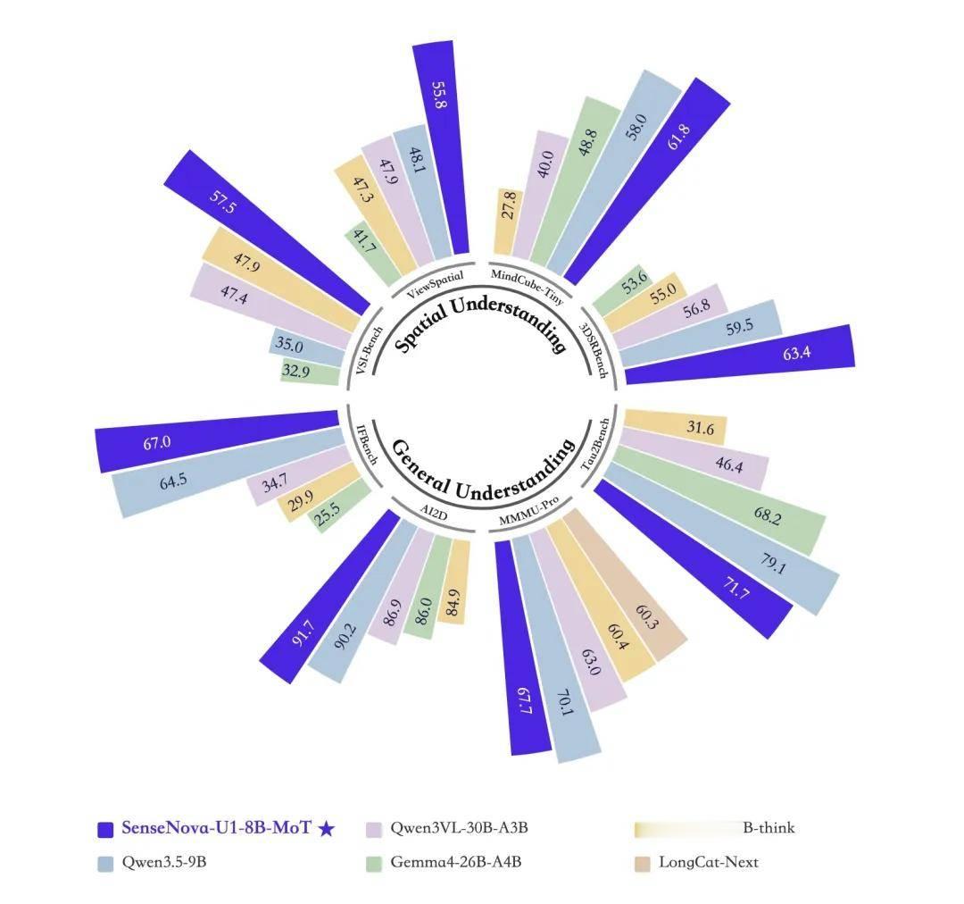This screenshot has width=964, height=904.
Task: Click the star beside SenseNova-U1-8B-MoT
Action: pyautogui.click(x=327, y=828)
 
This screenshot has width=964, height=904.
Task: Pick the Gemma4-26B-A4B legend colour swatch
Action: pyautogui.click(x=374, y=863)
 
